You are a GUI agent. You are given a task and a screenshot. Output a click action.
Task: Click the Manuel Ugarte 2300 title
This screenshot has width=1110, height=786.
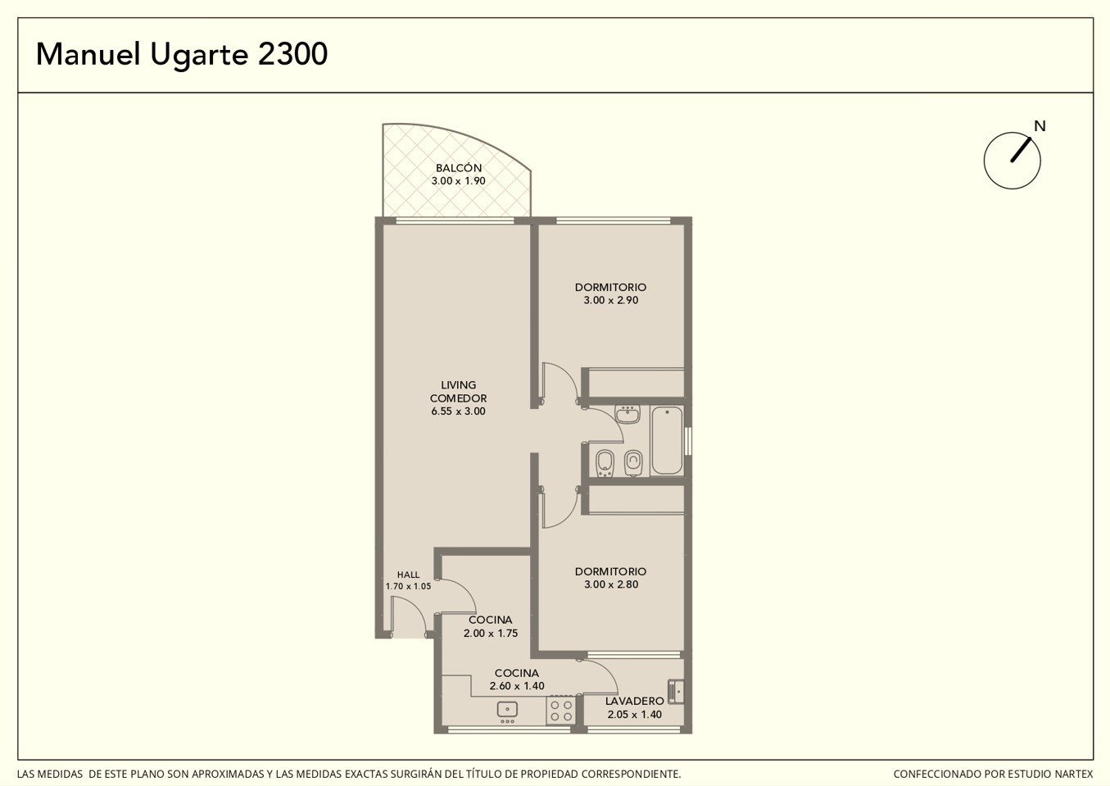coord(182,55)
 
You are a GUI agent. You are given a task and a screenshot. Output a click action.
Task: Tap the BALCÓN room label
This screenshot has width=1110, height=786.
coord(459,168)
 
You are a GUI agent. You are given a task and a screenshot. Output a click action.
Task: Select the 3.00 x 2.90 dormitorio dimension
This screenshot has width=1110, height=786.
coord(611,300)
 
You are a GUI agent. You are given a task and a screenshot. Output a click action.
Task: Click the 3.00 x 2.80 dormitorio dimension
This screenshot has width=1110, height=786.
coord(611,584)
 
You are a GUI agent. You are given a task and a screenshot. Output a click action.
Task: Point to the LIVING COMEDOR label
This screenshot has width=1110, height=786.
coord(459,391)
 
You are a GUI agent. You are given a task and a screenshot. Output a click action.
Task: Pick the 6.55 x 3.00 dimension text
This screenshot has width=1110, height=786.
coord(459,411)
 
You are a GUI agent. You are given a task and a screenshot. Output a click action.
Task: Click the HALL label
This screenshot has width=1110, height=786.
coord(408,575)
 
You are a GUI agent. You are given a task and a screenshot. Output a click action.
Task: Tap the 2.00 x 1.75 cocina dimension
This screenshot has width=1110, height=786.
coord(491,634)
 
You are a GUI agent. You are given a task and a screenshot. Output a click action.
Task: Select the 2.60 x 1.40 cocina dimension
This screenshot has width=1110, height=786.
coord(517,686)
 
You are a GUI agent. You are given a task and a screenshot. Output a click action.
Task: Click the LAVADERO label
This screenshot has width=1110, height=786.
coord(634,702)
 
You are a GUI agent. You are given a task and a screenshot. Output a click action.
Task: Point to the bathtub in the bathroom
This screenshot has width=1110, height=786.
coord(667,440)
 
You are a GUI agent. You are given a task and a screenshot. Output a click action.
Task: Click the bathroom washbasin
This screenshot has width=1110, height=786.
coord(627,414)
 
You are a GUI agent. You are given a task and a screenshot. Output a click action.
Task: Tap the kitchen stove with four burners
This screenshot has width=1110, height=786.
coord(561,710)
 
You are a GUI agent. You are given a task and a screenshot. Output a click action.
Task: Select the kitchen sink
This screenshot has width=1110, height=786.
coord(507,711)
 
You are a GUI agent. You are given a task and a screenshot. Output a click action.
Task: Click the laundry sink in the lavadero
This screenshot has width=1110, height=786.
coord(676,691)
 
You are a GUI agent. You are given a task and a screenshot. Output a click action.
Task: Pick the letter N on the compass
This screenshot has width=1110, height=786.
coord(1040,126)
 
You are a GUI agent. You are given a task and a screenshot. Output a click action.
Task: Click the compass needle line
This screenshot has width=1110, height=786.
coord(1021,150)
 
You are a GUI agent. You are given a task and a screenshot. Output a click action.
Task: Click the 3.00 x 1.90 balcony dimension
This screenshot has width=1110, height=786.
coord(459,181)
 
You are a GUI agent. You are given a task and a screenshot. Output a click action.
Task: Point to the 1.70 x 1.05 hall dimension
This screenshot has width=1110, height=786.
coord(408,586)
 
